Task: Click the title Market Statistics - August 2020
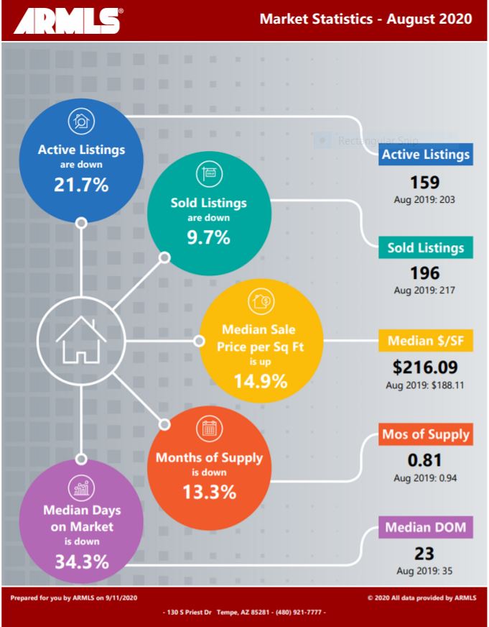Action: click(x=365, y=19)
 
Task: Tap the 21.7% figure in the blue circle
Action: click(x=81, y=184)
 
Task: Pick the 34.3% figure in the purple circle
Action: click(x=82, y=560)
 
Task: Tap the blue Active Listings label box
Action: click(x=425, y=155)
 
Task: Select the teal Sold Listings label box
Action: click(x=425, y=248)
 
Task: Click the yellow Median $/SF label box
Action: click(x=425, y=341)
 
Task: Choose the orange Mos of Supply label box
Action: click(x=425, y=434)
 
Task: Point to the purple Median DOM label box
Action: click(x=425, y=528)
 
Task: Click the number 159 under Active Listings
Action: click(x=425, y=182)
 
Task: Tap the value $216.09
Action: click(x=425, y=367)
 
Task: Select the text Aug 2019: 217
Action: click(x=425, y=291)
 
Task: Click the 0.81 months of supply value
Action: click(x=425, y=461)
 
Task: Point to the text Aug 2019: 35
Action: click(x=425, y=571)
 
